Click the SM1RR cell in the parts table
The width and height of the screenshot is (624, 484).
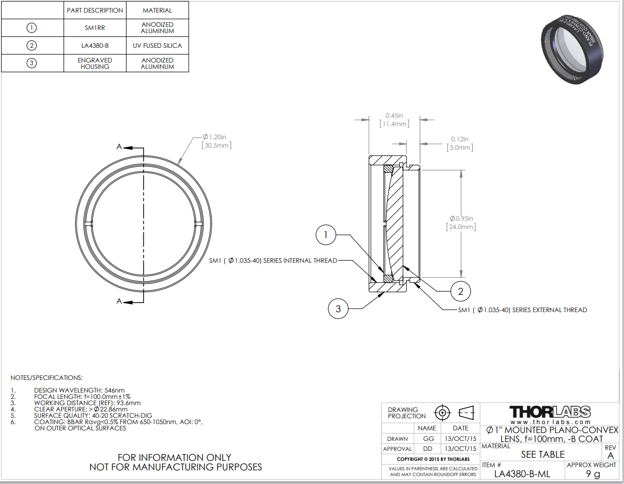95,28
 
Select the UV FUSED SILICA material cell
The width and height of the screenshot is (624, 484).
157,46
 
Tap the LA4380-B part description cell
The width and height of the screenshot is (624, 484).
95,46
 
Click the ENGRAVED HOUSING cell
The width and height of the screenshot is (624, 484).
95,64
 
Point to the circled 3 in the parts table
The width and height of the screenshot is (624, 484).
32,64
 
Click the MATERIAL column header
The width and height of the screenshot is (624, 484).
157,10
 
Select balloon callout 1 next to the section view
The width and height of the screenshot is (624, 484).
326,235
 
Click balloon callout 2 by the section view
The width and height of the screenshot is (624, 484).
460,291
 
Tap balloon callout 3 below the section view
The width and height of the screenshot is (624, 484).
338,308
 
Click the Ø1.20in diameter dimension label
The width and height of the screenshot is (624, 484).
217,140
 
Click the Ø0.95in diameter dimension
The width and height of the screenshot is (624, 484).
462,222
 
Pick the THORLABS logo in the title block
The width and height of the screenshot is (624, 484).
550,411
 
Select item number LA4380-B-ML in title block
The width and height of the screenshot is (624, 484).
523,473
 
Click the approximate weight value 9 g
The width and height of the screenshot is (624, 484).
592,474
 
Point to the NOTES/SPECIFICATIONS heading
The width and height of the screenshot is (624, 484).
47,378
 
